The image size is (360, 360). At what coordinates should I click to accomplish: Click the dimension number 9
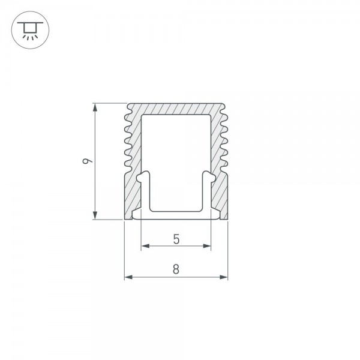click(x=87, y=161)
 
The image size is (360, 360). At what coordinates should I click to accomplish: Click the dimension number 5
click(x=176, y=239)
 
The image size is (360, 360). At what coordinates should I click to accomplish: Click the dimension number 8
click(x=176, y=269)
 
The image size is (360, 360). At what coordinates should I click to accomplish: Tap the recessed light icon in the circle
click(x=30, y=30)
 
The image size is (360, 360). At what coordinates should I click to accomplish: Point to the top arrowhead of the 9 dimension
click(x=95, y=107)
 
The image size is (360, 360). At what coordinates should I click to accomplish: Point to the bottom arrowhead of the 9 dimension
click(x=95, y=215)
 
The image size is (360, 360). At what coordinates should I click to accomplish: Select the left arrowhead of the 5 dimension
click(x=146, y=246)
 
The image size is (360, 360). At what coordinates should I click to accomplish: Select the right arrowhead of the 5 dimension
click(x=206, y=246)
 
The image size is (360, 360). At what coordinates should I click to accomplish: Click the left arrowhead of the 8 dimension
click(x=129, y=277)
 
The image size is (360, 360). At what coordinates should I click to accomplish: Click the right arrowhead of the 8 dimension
click(x=223, y=277)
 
